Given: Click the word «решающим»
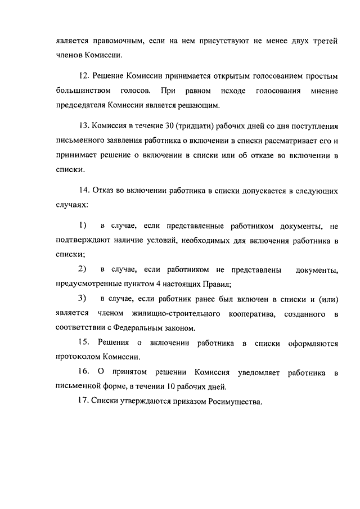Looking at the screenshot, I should [x=204, y=105].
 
